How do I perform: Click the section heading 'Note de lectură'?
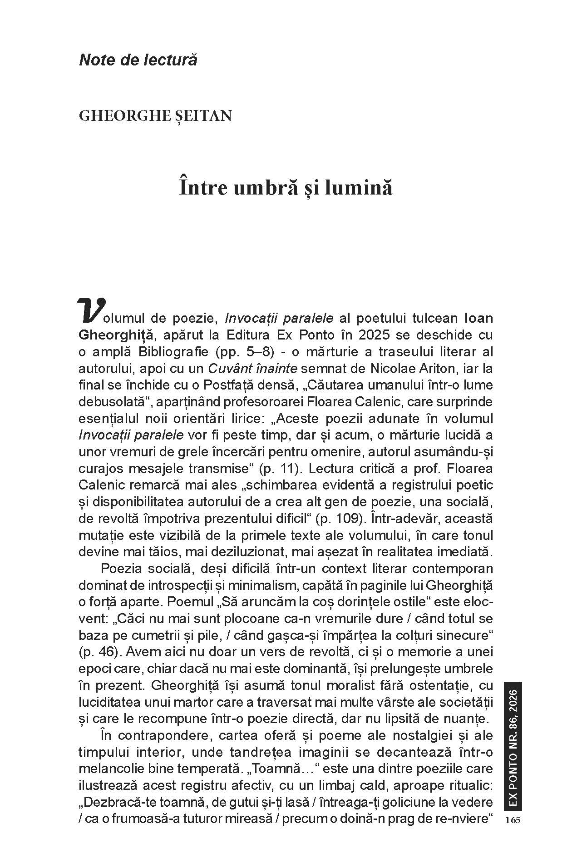138,60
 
